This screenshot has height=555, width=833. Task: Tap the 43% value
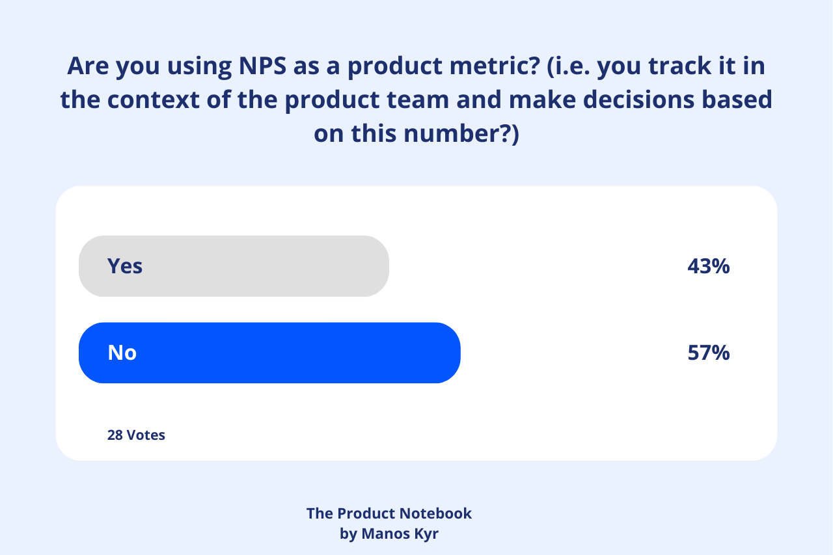708,266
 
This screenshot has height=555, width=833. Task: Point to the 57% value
708,353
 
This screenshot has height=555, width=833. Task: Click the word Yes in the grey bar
125,266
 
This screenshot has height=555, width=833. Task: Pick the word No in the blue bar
122,353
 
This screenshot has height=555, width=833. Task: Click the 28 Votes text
136,435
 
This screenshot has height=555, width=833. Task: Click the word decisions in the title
627,100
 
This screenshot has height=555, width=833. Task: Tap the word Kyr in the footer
426,535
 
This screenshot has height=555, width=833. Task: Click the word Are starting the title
89,66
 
